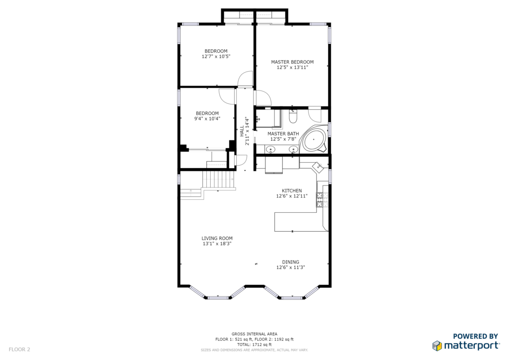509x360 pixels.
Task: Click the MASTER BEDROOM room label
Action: [x=292, y=62]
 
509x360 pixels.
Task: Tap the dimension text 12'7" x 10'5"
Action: [x=216, y=57]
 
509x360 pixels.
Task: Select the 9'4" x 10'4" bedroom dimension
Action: [x=207, y=119]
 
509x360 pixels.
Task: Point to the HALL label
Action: [x=242, y=131]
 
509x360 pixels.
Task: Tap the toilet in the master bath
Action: [x=293, y=116]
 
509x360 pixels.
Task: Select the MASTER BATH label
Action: [x=283, y=134]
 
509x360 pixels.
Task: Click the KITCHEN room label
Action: [x=292, y=191]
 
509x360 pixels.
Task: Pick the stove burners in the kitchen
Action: [x=320, y=199]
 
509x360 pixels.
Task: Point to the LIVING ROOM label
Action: [x=217, y=238]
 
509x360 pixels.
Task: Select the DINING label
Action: [x=290, y=262]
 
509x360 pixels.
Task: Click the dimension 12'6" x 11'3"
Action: [x=290, y=268]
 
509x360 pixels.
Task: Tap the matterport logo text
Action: [x=471, y=346]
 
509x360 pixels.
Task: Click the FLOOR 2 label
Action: [x=19, y=350]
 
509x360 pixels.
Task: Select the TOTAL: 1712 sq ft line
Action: [x=254, y=345]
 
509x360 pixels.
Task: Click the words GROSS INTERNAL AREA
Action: [x=254, y=334]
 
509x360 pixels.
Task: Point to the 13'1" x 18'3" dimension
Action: [x=217, y=244]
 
